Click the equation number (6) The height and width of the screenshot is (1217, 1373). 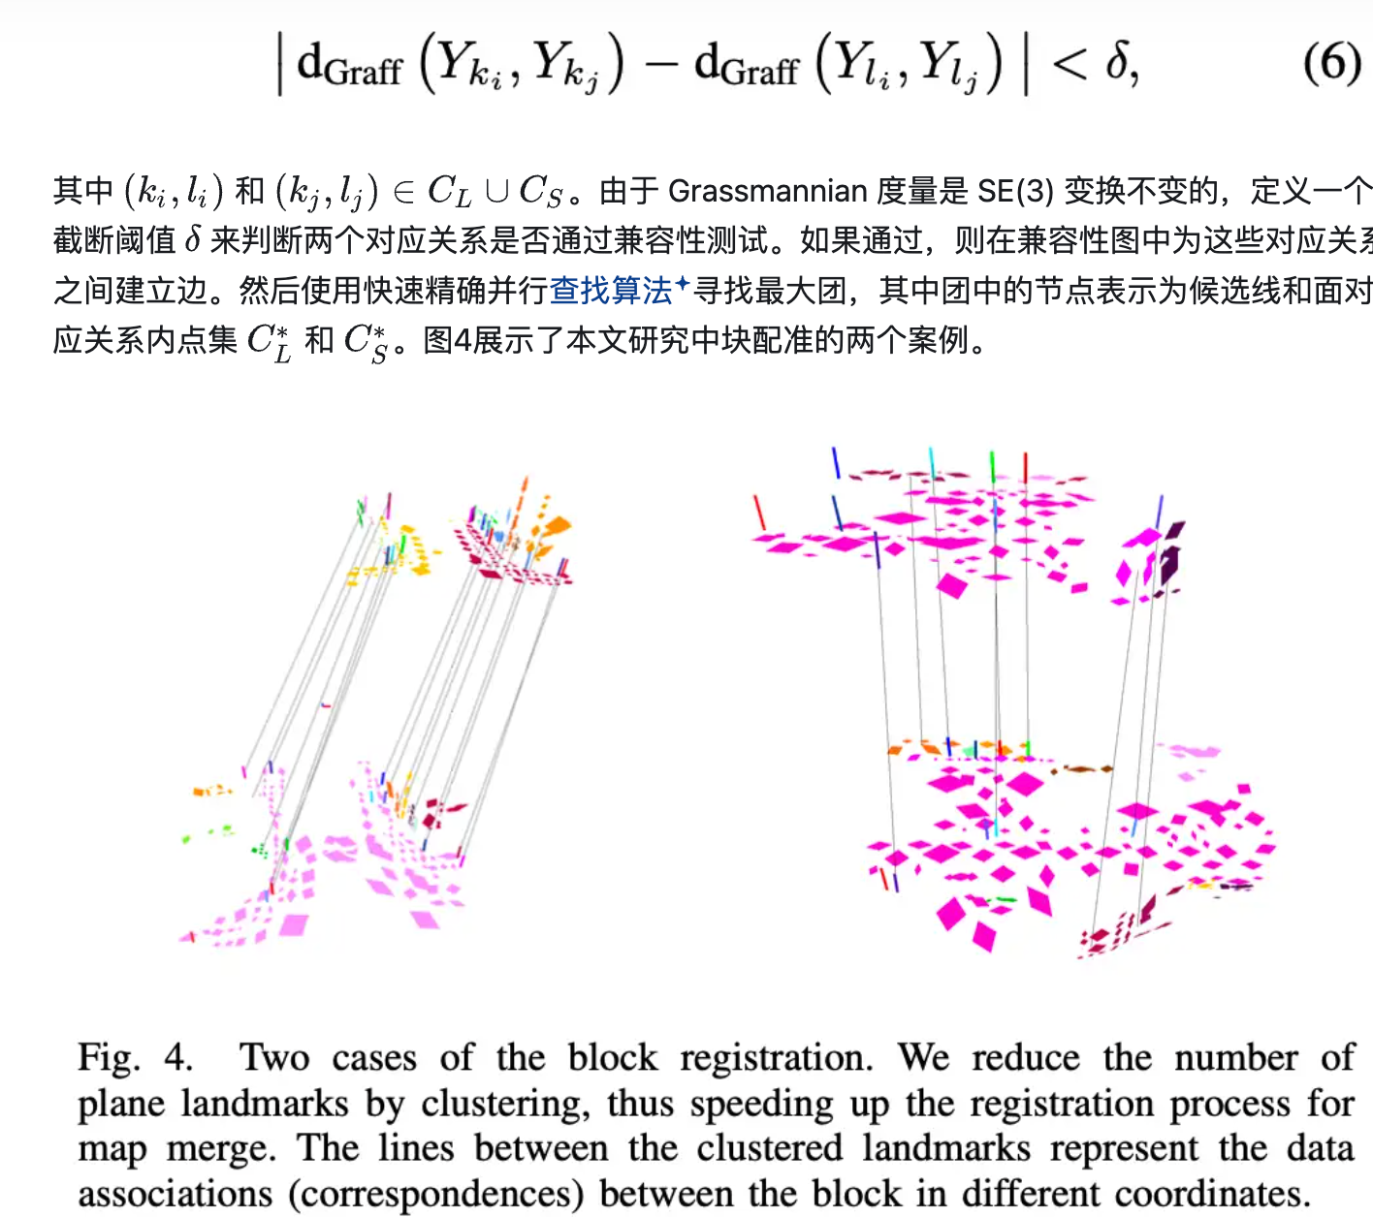click(x=1331, y=63)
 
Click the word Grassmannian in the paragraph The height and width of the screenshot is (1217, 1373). click(x=767, y=191)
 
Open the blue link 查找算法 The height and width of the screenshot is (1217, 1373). click(x=611, y=290)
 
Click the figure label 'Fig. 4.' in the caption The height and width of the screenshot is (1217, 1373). click(x=135, y=1057)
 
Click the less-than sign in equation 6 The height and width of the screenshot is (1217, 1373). click(x=1070, y=65)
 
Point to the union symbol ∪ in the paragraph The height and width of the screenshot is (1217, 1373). click(x=496, y=191)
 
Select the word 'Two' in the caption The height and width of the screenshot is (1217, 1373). click(x=274, y=1057)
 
